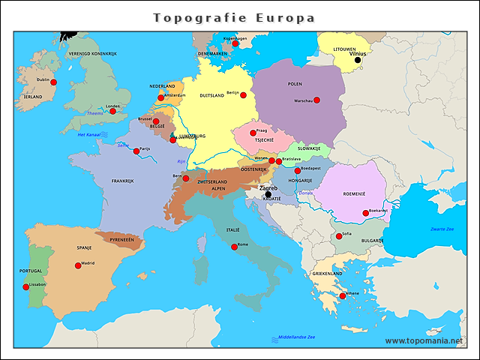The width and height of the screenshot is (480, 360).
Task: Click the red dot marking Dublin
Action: (54, 84)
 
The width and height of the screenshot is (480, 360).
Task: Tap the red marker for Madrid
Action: (78, 265)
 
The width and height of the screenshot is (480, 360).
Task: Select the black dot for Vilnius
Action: (358, 60)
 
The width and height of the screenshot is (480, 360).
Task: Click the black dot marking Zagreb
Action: (268, 194)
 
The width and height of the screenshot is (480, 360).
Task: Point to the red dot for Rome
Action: (235, 246)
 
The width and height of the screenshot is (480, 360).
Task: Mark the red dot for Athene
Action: (343, 296)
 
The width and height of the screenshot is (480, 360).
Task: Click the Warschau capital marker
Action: (316, 100)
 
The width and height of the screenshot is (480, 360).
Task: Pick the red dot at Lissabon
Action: (26, 287)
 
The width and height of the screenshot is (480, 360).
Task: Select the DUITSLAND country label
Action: (214, 96)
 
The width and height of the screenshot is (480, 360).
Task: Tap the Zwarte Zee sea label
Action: (442, 228)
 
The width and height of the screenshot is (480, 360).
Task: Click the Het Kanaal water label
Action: (89, 134)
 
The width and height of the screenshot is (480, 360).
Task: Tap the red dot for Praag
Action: (253, 133)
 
